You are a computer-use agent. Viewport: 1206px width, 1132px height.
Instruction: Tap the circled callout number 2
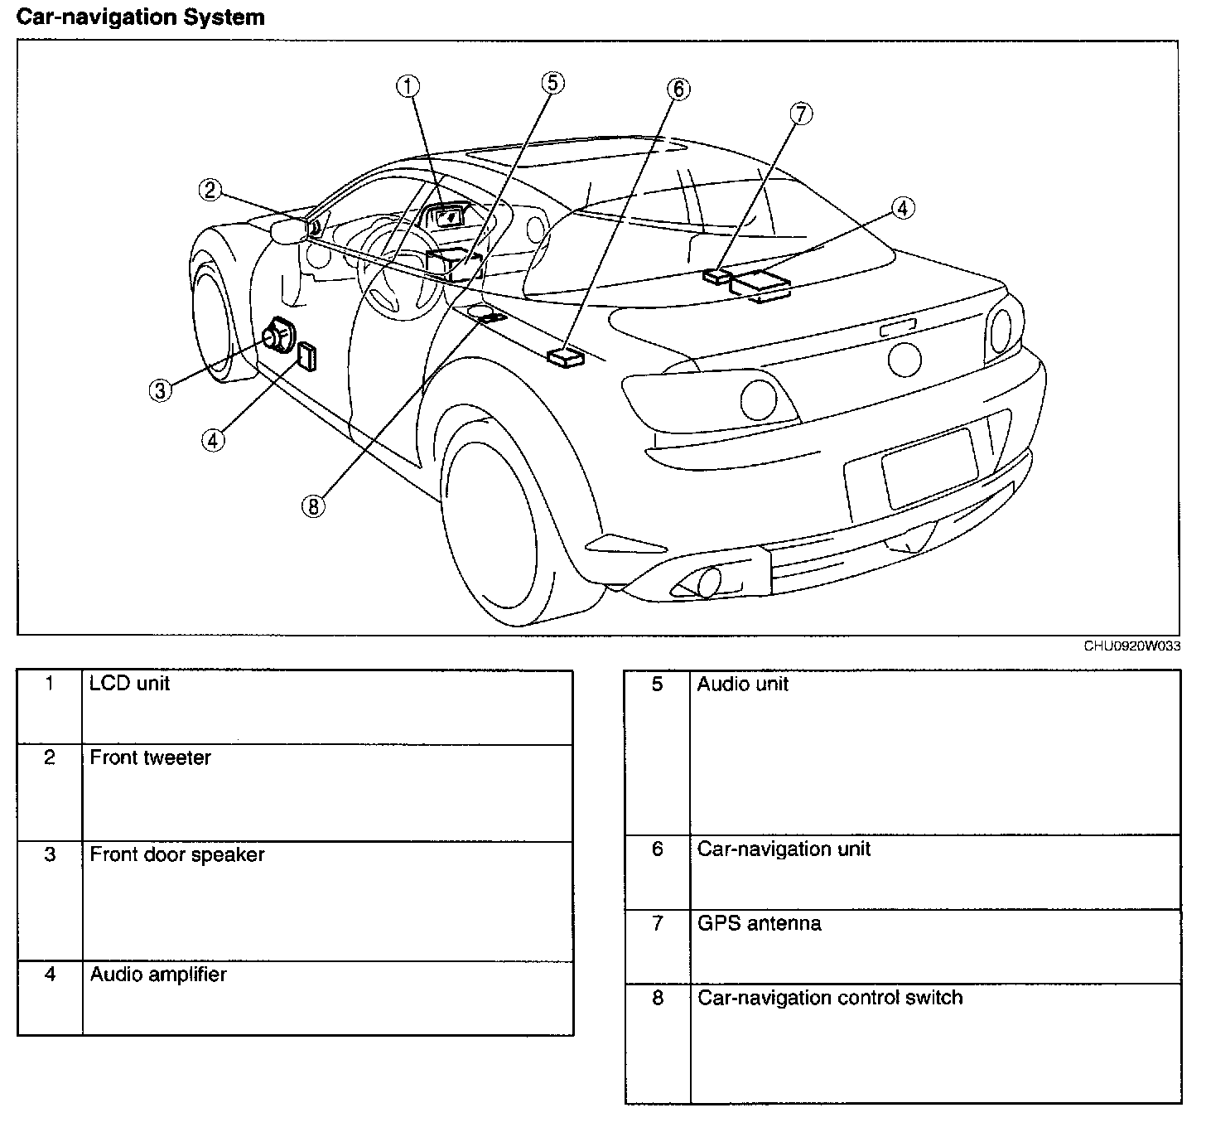210,191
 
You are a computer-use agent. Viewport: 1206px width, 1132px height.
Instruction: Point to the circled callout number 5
552,82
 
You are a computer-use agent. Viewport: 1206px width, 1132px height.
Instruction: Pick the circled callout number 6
678,89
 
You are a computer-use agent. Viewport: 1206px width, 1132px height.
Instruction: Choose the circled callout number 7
801,114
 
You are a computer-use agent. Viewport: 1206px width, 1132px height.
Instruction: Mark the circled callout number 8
313,505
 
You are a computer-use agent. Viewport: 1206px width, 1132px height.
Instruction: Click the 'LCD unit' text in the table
129,684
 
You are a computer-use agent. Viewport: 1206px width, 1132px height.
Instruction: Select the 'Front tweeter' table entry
150,758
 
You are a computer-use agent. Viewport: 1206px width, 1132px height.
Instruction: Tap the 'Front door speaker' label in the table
177,855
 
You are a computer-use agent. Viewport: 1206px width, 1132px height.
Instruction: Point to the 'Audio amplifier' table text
158,975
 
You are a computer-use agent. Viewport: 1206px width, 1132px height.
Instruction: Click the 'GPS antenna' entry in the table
759,924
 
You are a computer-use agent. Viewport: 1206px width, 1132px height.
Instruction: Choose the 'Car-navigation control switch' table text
830,998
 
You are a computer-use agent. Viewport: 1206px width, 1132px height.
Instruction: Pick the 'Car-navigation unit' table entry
784,849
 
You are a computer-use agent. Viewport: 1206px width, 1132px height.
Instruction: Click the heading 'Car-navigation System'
141,17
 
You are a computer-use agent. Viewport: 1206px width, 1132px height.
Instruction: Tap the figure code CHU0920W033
1131,646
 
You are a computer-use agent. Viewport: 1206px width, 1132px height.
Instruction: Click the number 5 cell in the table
658,685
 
